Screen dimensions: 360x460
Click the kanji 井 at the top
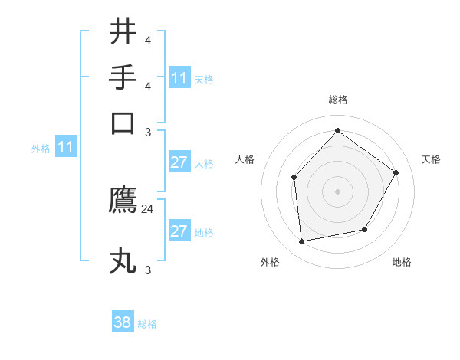(x=123, y=32)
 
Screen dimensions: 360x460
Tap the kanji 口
(x=123, y=123)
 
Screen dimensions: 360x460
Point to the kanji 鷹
(x=123, y=200)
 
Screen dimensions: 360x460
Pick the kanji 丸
(x=123, y=260)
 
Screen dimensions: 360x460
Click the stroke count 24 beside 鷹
(x=148, y=208)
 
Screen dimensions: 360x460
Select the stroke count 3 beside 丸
(x=148, y=270)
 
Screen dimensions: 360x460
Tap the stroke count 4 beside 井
(x=148, y=41)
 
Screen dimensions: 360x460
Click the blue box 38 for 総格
(x=123, y=322)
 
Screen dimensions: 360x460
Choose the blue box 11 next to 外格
(x=66, y=148)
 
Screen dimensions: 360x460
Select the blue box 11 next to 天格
(x=179, y=78)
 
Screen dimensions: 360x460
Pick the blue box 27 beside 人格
(x=179, y=162)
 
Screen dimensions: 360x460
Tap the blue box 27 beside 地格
(x=179, y=231)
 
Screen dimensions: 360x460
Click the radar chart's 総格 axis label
(x=337, y=100)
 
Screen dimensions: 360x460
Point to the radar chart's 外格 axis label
(x=270, y=263)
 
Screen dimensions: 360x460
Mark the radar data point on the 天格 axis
(x=396, y=172)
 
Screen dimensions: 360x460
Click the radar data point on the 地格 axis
(x=365, y=229)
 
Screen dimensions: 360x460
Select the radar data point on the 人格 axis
(x=294, y=178)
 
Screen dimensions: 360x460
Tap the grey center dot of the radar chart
(x=337, y=191)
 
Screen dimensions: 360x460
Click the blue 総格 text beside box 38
(x=147, y=324)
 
